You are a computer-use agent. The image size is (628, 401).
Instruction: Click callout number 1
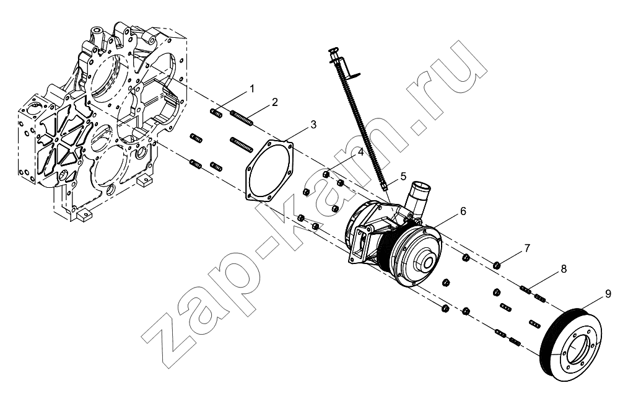pyautogui.click(x=252, y=89)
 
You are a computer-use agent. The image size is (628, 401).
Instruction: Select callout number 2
pyautogui.click(x=274, y=102)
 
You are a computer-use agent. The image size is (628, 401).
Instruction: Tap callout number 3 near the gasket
pyautogui.click(x=313, y=125)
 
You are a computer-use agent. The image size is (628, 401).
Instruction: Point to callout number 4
pyautogui.click(x=360, y=152)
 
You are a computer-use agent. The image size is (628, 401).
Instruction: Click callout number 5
pyautogui.click(x=403, y=175)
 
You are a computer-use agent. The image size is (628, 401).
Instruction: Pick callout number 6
pyautogui.click(x=463, y=211)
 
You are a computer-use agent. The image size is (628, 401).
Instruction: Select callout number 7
pyautogui.click(x=527, y=248)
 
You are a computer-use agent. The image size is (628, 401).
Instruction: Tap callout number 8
pyautogui.click(x=564, y=269)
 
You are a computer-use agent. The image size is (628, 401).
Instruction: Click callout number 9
pyautogui.click(x=608, y=294)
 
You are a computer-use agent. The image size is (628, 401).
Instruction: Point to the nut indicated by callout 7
pyautogui.click(x=497, y=265)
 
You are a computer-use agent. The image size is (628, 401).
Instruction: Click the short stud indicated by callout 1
pyautogui.click(x=216, y=113)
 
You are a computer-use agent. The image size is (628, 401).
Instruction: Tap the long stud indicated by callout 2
pyautogui.click(x=242, y=119)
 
